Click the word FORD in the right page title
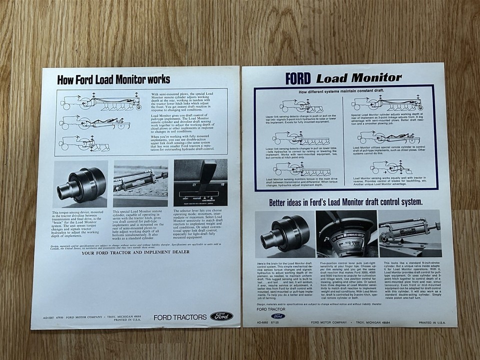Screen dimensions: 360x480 [x=298, y=78]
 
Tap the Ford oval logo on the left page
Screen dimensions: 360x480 [x=220, y=316]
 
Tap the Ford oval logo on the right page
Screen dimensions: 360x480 [x=278, y=316]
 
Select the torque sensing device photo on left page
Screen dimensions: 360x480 [x=80, y=183]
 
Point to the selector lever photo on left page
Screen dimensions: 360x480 [x=200, y=183]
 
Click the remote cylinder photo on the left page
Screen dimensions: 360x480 [x=140, y=183]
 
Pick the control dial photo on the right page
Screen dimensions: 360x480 [x=346, y=233]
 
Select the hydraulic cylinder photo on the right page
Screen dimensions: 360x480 [x=409, y=233]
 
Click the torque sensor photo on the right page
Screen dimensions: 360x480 [x=285, y=233]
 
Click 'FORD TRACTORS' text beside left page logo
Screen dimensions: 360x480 [x=179, y=317]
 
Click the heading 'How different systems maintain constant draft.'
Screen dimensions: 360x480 [x=346, y=92]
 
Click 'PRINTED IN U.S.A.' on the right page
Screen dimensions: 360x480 [x=432, y=323]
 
